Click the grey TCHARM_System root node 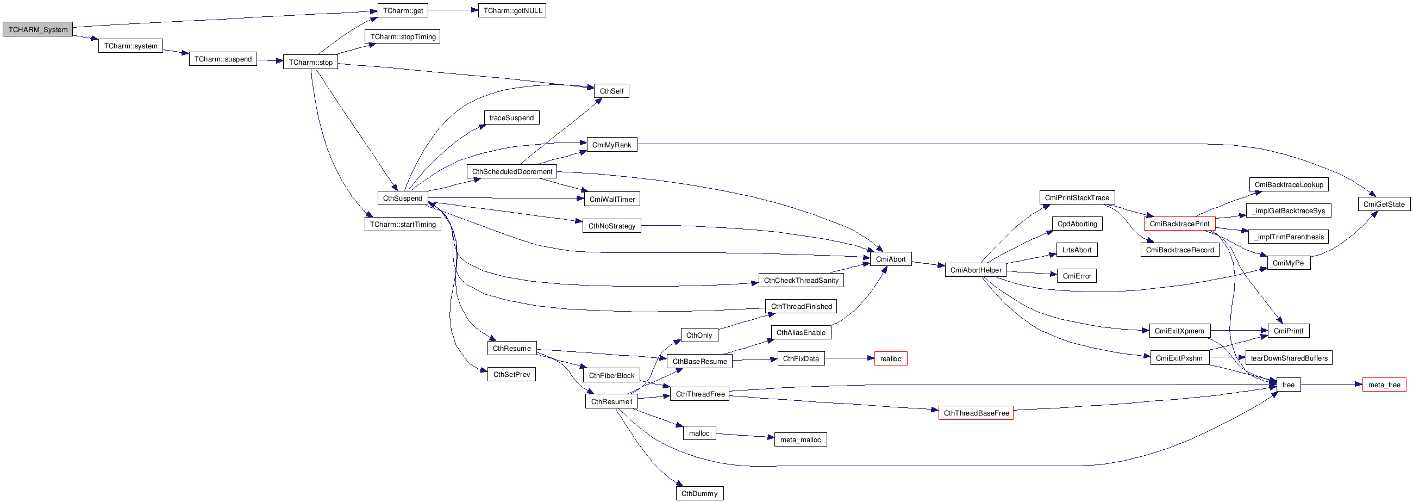pos(38,30)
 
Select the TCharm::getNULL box pos(512,10)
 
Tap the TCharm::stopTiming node pos(402,37)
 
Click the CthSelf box pos(611,91)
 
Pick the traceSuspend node pos(511,117)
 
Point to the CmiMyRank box pos(611,145)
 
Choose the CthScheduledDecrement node pos(512,171)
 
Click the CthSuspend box pos(403,199)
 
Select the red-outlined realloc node pos(890,358)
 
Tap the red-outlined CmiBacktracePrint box pos(1179,224)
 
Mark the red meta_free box pos(1384,385)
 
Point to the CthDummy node pos(699,493)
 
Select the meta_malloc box pos(801,439)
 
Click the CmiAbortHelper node pos(976,270)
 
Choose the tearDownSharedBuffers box pos(1289,358)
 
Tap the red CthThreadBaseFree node pos(976,413)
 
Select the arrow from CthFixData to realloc pos(849,358)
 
